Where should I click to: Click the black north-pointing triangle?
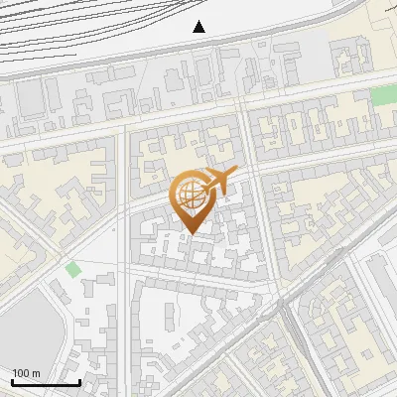[x=199, y=27]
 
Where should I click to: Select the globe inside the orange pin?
[x=191, y=198]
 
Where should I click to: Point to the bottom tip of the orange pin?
[x=190, y=235]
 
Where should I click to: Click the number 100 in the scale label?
[x=20, y=372]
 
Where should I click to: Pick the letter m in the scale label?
[x=36, y=372]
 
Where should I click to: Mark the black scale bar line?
[x=46, y=382]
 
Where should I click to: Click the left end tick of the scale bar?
[x=12, y=380]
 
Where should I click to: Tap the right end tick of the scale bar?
[x=79, y=380]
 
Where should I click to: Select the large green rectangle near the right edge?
[x=383, y=95]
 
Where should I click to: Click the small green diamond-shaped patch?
[x=72, y=269]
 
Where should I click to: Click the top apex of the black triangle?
[x=199, y=21]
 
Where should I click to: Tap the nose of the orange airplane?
[x=235, y=172]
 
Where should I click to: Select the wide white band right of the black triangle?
[x=288, y=20]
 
